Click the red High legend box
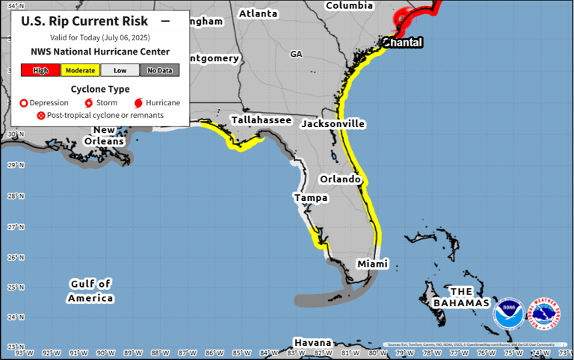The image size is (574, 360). point(40,70)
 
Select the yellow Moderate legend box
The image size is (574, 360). point(80,70)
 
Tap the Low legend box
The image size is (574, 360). point(120,70)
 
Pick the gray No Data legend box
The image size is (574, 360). point(159,70)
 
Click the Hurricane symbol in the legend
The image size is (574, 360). point(138,103)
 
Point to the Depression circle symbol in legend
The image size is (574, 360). point(23,103)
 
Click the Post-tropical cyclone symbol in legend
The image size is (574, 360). point(41,116)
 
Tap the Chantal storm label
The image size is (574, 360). point(403,43)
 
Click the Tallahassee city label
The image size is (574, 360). point(261,120)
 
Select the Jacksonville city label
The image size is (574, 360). point(333,124)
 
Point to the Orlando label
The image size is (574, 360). point(340,180)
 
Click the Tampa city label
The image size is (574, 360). point(311,198)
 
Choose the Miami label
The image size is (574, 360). point(372,265)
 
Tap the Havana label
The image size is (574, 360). point(312,341)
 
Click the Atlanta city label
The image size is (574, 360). point(258,14)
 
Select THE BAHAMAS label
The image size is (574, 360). point(461,297)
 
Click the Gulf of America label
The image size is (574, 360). point(91,291)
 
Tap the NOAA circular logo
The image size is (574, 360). point(508,314)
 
